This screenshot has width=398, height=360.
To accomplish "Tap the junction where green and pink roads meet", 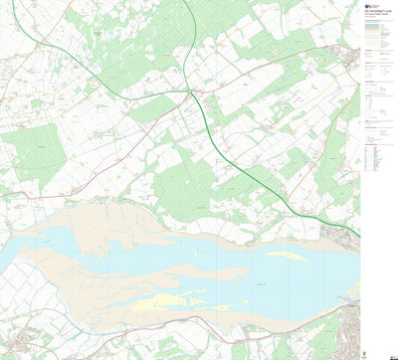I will click(191, 91).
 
